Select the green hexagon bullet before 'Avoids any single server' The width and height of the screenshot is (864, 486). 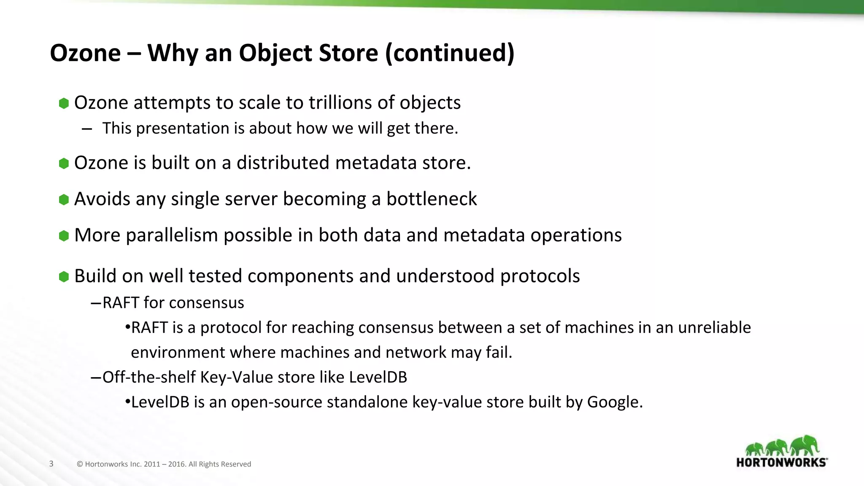tap(64, 200)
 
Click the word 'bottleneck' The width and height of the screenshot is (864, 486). tap(431, 199)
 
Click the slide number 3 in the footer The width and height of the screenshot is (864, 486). tap(51, 464)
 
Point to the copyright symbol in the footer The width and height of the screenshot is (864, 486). tap(80, 464)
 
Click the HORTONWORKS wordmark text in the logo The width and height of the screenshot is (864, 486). tap(781, 462)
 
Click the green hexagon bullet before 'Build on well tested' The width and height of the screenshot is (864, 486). tap(64, 277)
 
